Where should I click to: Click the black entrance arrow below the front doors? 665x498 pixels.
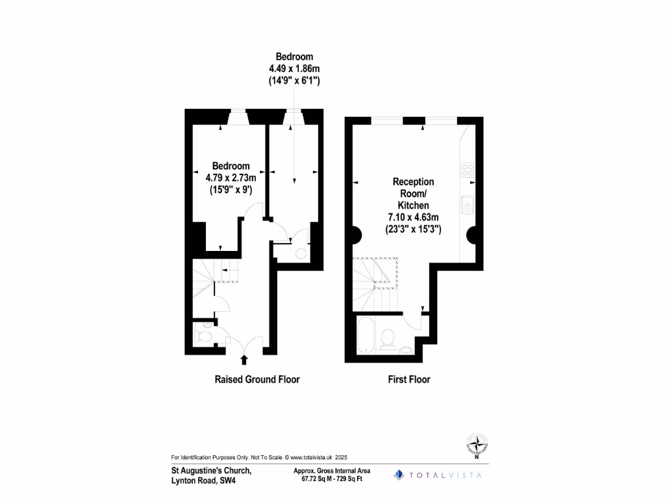point(244,359)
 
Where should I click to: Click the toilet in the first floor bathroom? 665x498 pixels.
point(388,337)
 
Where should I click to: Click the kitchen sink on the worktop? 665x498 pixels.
point(466,204)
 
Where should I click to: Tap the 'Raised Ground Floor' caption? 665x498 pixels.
point(257,379)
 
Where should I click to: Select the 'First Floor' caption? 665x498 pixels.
point(408,379)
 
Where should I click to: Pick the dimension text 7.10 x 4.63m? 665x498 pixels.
point(413,217)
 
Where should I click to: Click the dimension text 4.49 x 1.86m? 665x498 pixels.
point(295,69)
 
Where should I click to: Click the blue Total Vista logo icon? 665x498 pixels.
point(399,475)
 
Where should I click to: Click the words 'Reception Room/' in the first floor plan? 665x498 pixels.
point(413,188)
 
